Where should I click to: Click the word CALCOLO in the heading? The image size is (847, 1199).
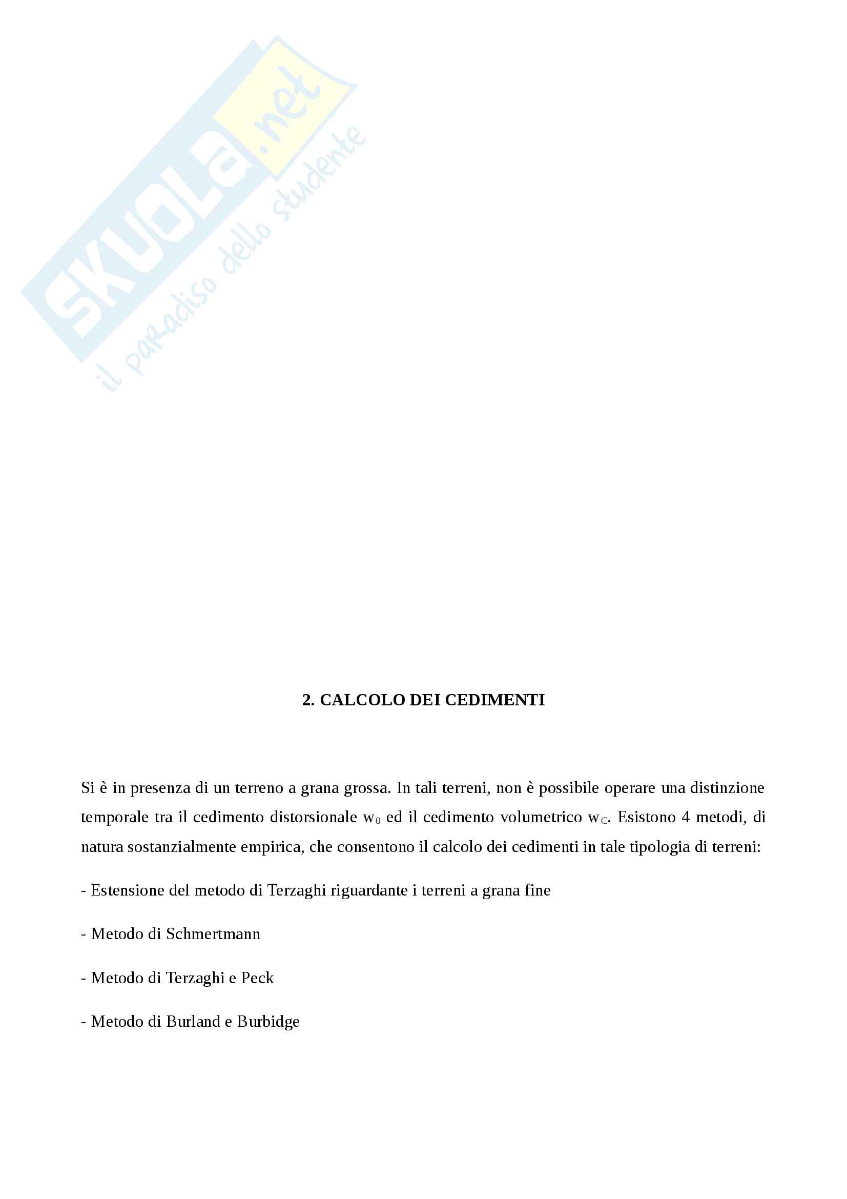click(362, 701)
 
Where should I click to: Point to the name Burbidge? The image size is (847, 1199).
click(268, 1022)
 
